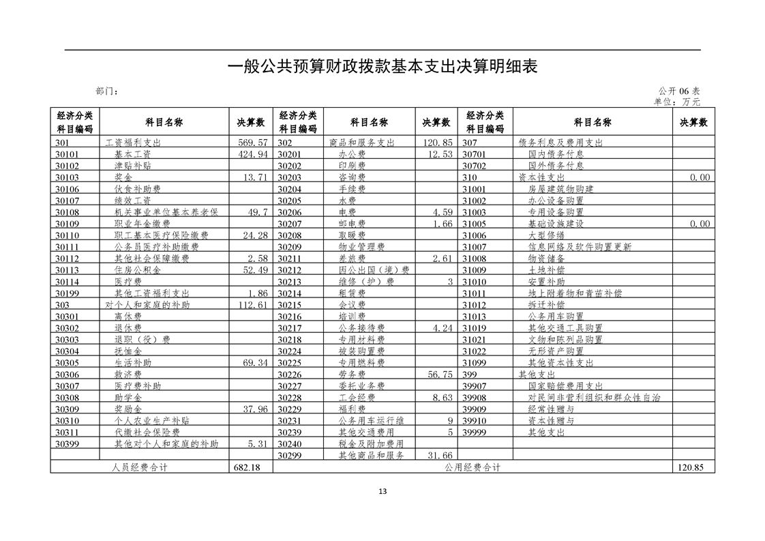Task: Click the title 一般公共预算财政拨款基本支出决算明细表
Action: tap(382, 66)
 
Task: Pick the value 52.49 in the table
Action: tap(254, 270)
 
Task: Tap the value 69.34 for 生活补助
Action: tap(254, 362)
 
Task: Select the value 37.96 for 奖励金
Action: tap(254, 409)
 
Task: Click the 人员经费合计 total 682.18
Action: tap(247, 467)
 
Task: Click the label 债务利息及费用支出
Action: tap(561, 143)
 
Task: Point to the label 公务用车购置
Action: tap(556, 316)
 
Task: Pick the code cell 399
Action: tap(470, 374)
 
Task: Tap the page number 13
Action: tap(382, 491)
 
